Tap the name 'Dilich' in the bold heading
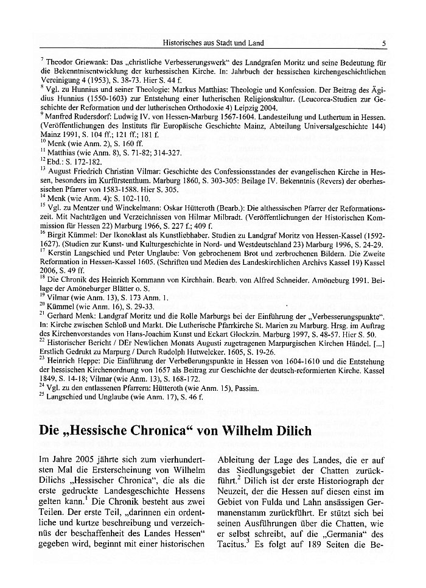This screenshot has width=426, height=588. (290, 432)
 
